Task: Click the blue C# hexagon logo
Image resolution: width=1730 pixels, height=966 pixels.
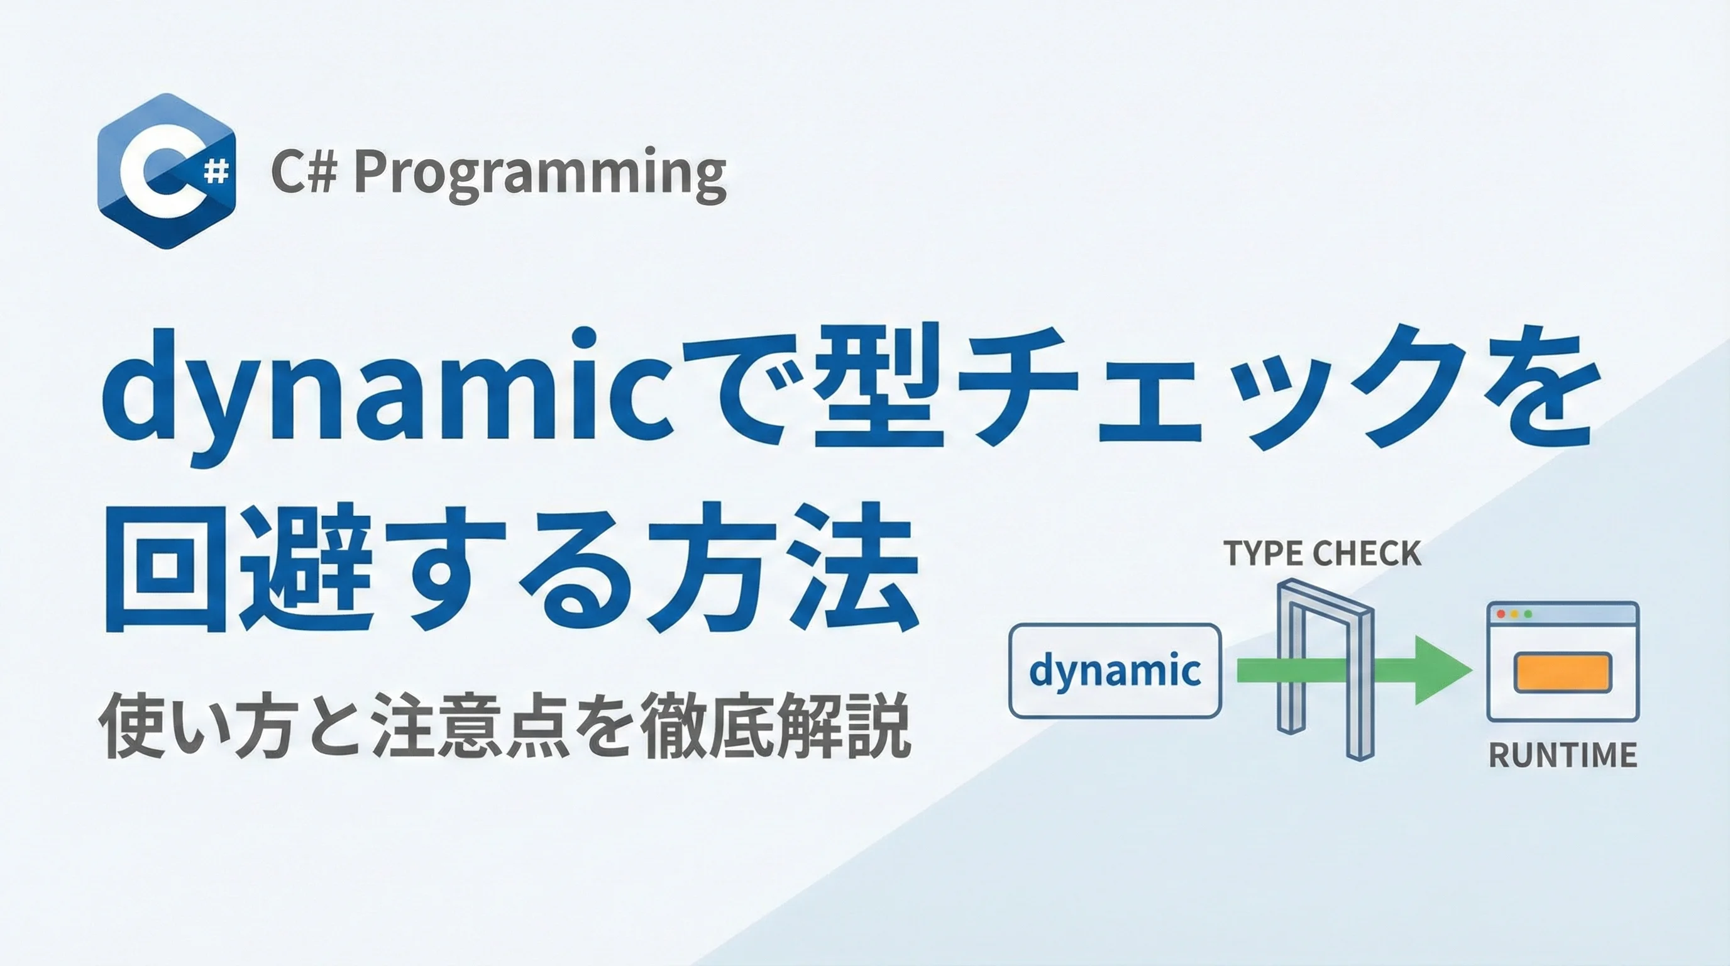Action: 167,171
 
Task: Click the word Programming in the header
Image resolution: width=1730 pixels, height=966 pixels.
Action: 540,174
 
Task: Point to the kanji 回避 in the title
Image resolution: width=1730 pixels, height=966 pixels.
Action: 238,568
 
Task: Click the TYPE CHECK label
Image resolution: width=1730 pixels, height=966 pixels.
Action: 1321,553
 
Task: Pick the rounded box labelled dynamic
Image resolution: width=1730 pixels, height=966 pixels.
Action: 1115,670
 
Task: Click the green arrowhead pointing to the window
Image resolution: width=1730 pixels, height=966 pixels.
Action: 1444,670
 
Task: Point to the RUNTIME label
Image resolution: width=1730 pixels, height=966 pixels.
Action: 1563,756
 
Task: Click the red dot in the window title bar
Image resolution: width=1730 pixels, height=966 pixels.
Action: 1501,614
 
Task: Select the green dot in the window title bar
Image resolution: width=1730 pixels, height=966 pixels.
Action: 1529,614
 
